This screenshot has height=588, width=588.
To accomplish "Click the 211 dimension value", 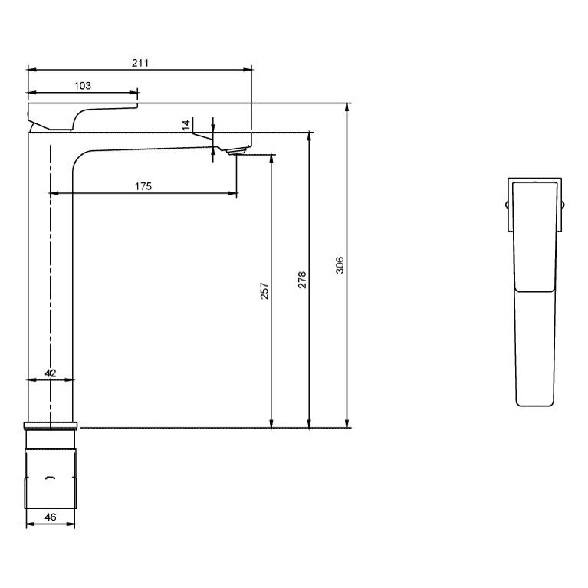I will (x=140, y=63).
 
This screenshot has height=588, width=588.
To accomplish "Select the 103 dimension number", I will (x=83, y=86).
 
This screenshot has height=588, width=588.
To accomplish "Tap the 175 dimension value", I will (x=143, y=186).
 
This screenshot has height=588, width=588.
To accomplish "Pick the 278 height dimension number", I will (x=302, y=279).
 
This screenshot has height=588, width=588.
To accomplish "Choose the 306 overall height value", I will (x=340, y=264).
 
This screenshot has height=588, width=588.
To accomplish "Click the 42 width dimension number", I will (x=51, y=373).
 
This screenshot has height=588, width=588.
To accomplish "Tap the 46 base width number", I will (x=51, y=517).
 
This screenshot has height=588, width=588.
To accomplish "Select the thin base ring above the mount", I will (x=51, y=425).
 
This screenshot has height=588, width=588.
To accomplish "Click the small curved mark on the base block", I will (x=51, y=478).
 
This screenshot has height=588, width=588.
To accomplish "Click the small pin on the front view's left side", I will (x=507, y=205).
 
